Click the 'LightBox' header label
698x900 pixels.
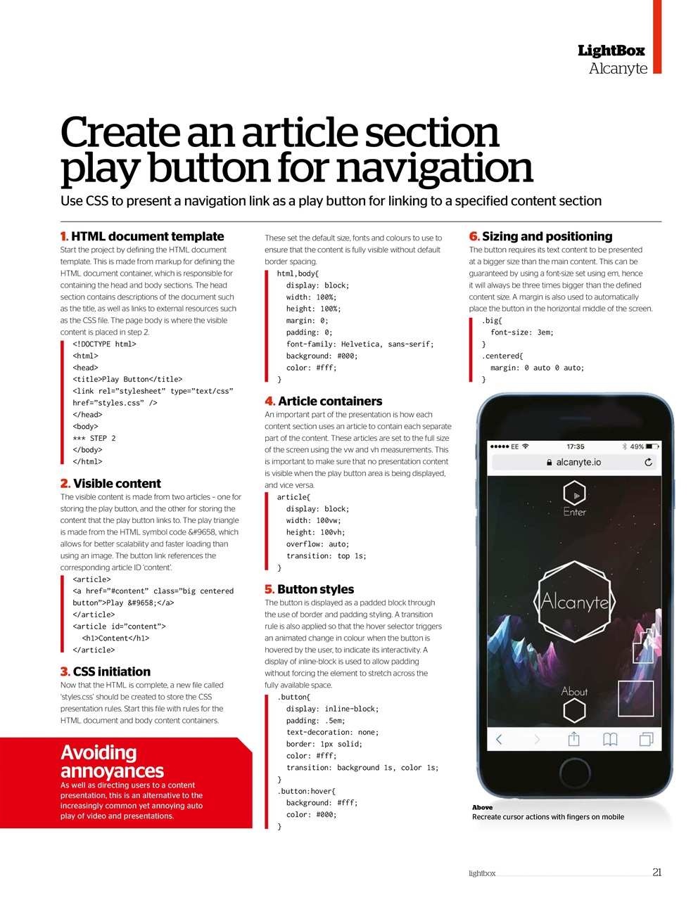[611, 51]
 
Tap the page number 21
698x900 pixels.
[656, 873]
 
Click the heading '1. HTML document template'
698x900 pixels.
[142, 237]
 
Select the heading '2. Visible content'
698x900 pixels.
[110, 484]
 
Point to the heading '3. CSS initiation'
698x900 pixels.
[106, 672]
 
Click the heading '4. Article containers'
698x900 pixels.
[324, 401]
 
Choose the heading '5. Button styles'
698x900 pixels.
[310, 590]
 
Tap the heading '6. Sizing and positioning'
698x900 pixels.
[540, 237]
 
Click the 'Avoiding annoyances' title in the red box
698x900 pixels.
[113, 761]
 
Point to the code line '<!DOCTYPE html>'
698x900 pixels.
[104, 345]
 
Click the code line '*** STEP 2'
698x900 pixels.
[94, 438]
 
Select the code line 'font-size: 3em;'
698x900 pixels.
[522, 333]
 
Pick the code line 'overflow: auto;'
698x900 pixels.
[317, 544]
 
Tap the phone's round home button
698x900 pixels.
[575, 771]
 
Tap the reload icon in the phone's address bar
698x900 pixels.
[648, 463]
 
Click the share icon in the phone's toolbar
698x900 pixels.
[573, 739]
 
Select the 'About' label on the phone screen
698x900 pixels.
[574, 692]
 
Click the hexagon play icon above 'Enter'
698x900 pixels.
[575, 494]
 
